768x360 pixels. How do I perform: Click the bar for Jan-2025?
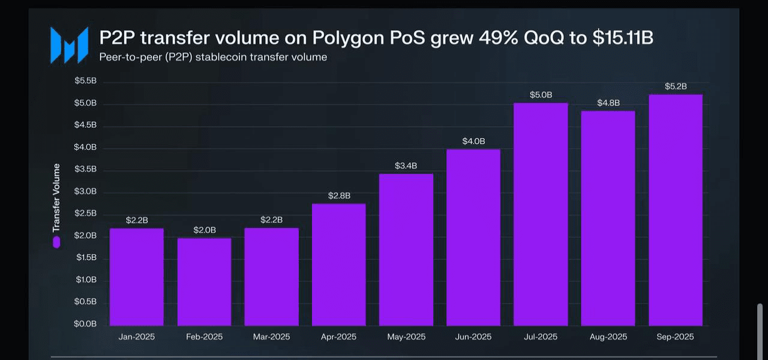136,277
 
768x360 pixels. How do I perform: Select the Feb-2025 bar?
204,282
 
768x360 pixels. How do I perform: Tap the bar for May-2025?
406,250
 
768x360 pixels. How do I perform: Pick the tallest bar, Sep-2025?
675,210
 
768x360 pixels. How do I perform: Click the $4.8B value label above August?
608,103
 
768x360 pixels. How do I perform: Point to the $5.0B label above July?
541,95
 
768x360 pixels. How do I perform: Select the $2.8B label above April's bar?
339,196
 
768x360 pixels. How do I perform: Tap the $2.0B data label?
205,230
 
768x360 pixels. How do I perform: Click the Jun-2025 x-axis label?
473,337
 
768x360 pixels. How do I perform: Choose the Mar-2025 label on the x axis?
272,337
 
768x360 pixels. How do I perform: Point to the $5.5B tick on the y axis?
85,82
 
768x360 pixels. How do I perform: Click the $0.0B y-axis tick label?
85,324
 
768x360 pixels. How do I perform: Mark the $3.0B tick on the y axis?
85,192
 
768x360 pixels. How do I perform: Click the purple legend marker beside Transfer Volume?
56,242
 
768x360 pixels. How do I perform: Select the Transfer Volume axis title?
56,197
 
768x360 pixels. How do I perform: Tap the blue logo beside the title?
68,46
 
